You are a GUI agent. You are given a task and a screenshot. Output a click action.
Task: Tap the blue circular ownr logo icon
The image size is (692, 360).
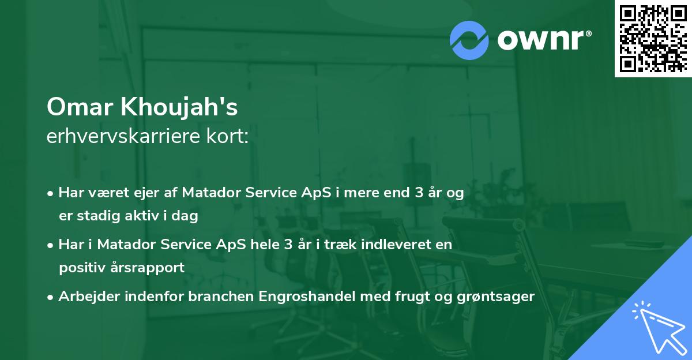[469, 40]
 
